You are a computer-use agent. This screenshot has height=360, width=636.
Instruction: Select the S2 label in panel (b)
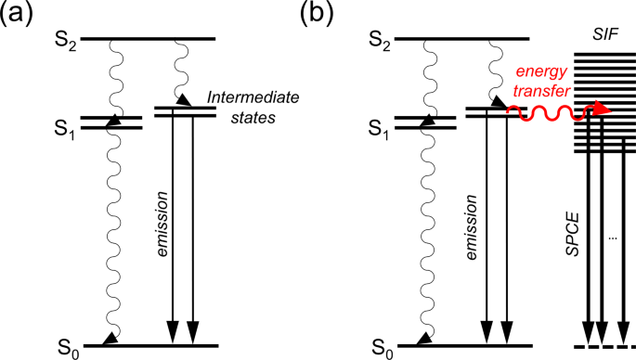click(379, 39)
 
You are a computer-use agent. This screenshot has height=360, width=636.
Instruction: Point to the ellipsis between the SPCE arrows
click(612, 238)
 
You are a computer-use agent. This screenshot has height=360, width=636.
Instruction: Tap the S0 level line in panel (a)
click(149, 346)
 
